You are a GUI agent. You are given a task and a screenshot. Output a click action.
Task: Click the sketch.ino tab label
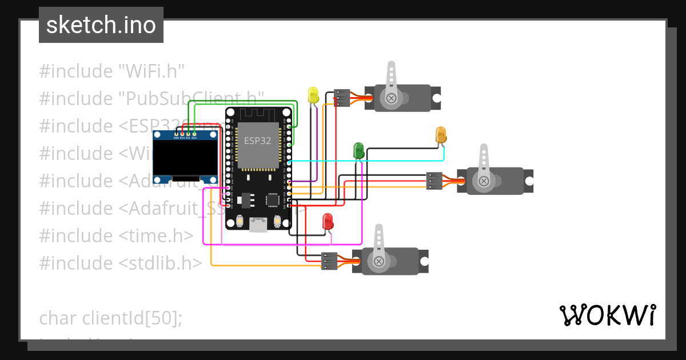(x=101, y=25)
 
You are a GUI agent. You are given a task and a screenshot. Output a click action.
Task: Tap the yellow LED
(x=313, y=95)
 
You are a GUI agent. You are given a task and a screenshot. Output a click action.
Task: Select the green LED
(x=358, y=151)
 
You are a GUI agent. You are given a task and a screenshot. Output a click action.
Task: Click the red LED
(x=328, y=222)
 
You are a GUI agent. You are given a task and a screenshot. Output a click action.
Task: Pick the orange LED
(x=441, y=135)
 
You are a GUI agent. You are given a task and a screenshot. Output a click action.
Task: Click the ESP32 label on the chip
(x=258, y=141)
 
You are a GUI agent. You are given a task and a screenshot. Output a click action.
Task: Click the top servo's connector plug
(x=342, y=98)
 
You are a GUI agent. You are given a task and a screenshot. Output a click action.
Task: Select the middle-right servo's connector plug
(x=434, y=181)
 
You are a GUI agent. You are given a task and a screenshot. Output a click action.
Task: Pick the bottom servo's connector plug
(x=329, y=261)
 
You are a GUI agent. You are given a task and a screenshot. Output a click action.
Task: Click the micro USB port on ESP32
(x=258, y=225)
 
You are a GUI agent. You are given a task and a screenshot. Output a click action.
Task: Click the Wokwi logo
(x=607, y=315)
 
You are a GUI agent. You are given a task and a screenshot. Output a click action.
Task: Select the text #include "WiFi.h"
(x=112, y=71)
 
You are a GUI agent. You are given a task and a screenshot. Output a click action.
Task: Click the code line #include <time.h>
(x=117, y=235)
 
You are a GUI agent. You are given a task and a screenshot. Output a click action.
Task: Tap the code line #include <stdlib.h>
(x=121, y=263)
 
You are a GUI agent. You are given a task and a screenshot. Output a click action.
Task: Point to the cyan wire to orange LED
(x=366, y=161)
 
